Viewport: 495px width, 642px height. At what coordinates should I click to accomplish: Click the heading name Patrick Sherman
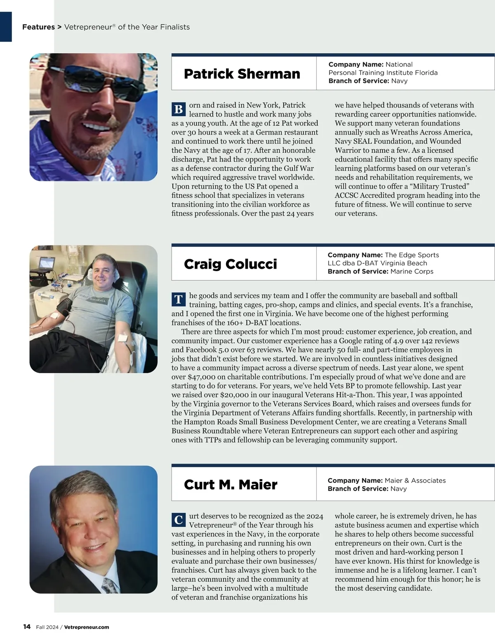pos(242,74)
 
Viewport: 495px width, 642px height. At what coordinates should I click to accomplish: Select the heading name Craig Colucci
pos(230,264)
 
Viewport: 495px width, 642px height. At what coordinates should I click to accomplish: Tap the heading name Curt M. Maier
pos(230,485)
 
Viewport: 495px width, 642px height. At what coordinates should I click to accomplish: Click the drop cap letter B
pos(179,109)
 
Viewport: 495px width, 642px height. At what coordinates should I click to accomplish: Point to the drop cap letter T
pos(179,300)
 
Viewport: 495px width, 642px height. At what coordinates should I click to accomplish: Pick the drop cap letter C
pos(179,520)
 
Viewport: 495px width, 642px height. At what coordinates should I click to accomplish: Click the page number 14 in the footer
pos(27,627)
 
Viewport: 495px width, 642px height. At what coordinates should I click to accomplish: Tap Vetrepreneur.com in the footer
pos(87,627)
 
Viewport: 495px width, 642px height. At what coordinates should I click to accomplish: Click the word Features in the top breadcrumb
pos(38,27)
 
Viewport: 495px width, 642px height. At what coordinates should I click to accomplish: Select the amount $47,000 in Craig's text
pos(202,377)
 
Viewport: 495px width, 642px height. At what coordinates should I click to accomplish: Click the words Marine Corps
pos(412,272)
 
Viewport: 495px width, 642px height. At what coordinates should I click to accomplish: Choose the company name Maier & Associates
pos(415,480)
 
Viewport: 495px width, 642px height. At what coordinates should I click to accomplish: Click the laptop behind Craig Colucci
pos(46,264)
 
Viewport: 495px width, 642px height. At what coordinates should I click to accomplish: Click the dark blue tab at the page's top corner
pos(6,27)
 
